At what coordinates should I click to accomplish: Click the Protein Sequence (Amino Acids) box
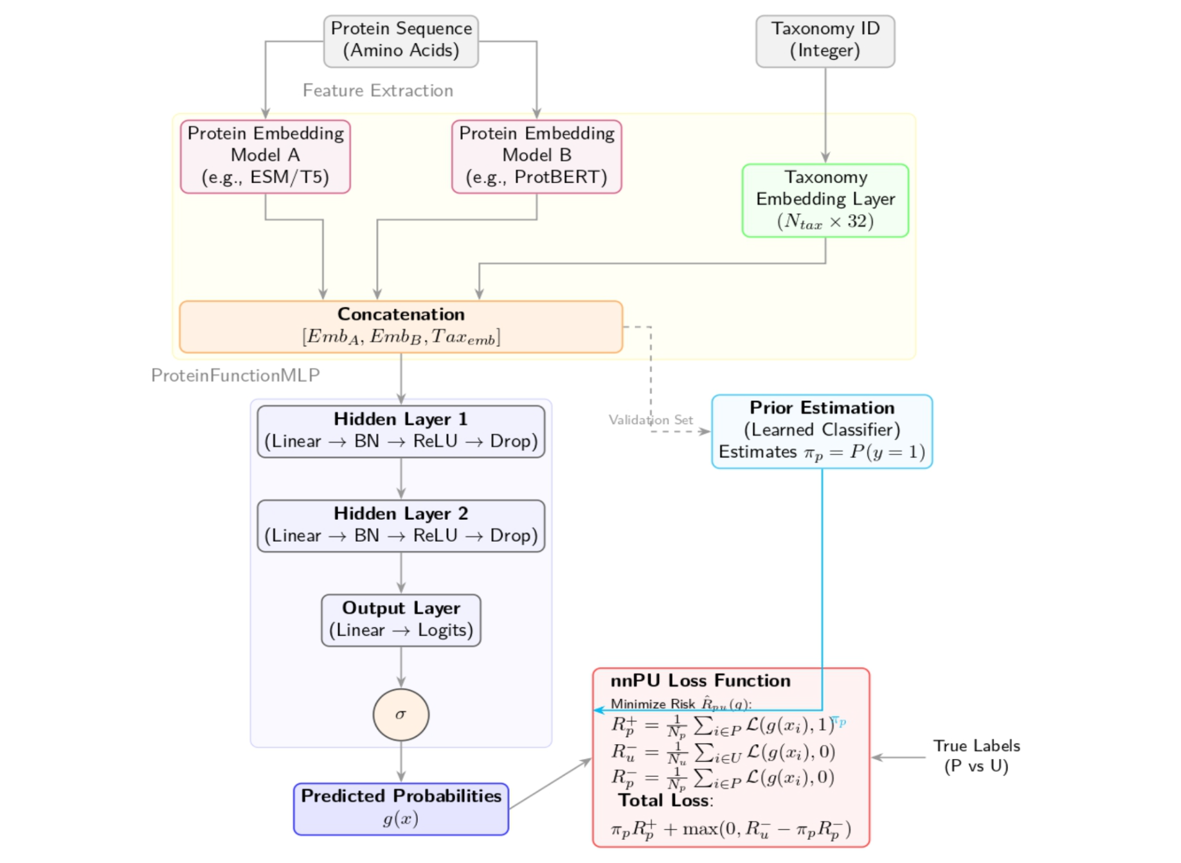click(x=401, y=40)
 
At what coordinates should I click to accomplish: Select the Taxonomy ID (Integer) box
click(x=824, y=40)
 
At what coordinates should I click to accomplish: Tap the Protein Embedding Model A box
click(x=265, y=156)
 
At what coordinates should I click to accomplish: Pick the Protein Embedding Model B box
click(x=536, y=156)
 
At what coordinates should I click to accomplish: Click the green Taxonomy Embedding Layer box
click(x=824, y=200)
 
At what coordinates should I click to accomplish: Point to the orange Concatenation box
click(x=401, y=326)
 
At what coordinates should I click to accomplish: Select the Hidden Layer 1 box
click(x=401, y=431)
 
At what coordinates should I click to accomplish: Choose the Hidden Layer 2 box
click(x=401, y=525)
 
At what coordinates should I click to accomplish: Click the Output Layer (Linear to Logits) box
click(x=401, y=619)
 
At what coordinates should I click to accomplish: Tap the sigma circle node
click(x=401, y=714)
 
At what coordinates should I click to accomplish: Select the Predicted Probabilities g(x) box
click(x=401, y=808)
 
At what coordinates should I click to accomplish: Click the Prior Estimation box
click(x=821, y=431)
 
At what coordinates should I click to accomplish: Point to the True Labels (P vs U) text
click(x=975, y=756)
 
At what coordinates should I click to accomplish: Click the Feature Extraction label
click(x=377, y=91)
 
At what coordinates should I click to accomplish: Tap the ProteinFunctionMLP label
click(x=235, y=375)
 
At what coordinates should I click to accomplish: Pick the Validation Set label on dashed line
click(x=650, y=420)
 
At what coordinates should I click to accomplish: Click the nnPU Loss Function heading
click(x=699, y=681)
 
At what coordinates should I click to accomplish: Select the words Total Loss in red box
click(x=664, y=801)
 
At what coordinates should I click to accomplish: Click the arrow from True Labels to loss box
click(x=898, y=757)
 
